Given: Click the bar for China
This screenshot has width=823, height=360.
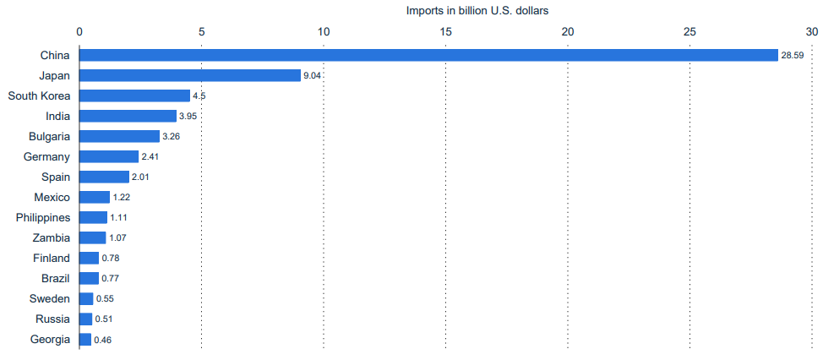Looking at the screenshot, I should tap(428, 55).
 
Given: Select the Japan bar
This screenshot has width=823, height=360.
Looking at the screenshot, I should tap(190, 75).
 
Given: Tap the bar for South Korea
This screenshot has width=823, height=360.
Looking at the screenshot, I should tap(134, 95).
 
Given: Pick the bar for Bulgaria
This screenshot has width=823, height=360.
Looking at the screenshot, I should tap(119, 136).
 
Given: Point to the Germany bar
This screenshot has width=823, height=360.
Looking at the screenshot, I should tap(109, 156).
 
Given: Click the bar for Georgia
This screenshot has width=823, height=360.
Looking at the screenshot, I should tap(85, 340).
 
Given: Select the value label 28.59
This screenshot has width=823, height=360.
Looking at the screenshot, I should tap(792, 56).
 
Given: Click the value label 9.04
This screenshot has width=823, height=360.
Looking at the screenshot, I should tap(313, 76).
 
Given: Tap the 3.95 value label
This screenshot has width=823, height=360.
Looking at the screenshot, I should tap(188, 117).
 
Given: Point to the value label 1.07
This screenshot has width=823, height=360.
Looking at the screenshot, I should tap(118, 238).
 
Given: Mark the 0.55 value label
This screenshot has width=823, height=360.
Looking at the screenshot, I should tap(105, 299).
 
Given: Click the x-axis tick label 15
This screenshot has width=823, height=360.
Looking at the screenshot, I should tap(446, 31).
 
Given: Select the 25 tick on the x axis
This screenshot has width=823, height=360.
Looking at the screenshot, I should tap(689, 31).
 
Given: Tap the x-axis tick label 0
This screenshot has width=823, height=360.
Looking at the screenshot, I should tap(79, 31).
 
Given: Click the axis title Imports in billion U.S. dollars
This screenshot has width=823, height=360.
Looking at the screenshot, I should tap(478, 10).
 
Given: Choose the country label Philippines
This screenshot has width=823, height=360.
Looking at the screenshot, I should tap(43, 217).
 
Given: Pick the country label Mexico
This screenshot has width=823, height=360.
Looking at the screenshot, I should tap(52, 197).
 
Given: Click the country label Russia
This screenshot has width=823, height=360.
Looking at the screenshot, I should tap(53, 319).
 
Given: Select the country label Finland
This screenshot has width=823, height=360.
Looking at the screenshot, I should tap(52, 258).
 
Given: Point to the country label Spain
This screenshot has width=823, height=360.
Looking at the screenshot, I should tap(56, 177).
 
